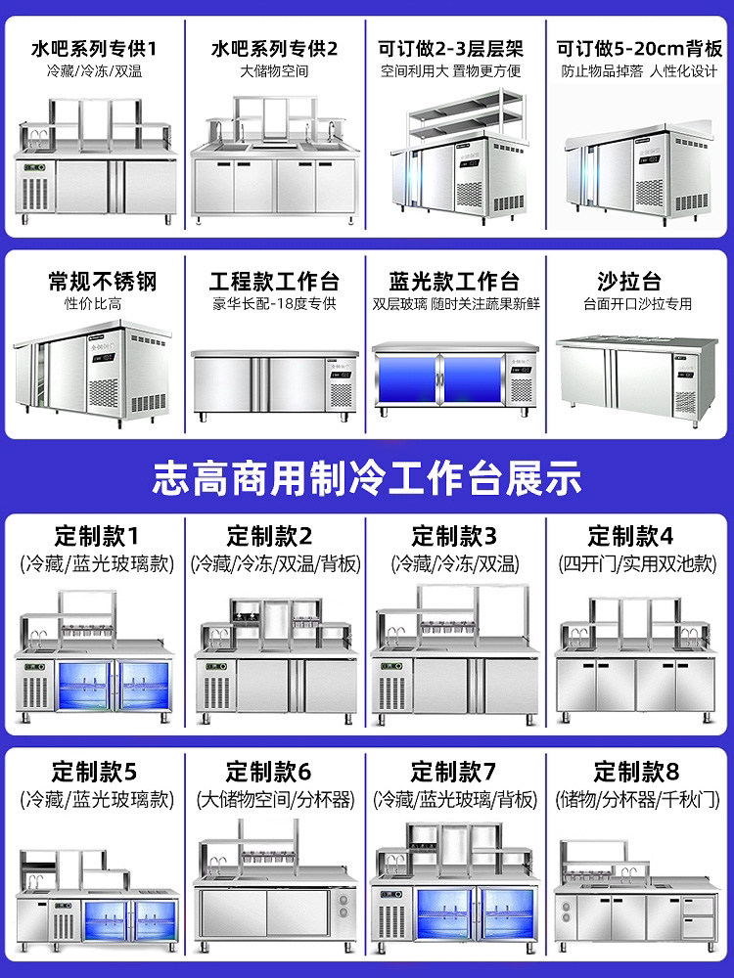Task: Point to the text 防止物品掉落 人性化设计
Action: point(639,71)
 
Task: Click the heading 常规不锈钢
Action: point(102,281)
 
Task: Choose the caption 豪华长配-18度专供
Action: point(274,304)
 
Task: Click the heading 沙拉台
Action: point(638,281)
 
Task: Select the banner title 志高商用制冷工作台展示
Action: point(367,480)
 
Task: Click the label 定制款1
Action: point(96,536)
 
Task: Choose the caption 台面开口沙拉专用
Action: point(638,304)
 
